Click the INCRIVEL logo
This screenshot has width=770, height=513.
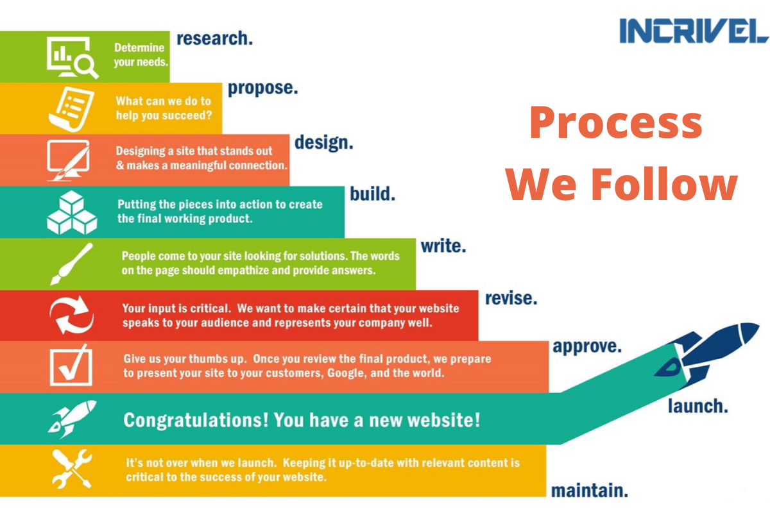pos(694,31)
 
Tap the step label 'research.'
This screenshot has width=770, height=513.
pos(214,38)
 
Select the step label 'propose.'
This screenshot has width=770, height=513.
pos(262,88)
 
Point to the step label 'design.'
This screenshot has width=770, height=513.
pos(324,142)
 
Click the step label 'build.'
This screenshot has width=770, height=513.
pos(373,194)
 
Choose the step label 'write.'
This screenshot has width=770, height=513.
pos(443,246)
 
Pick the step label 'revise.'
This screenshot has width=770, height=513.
pos(511,298)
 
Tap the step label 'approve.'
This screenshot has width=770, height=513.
pos(587,347)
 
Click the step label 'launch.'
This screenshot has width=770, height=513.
pos(698,406)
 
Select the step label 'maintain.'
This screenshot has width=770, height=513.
pos(590,491)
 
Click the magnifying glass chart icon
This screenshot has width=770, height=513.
pos(73,57)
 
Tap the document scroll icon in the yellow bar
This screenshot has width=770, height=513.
pos(71,109)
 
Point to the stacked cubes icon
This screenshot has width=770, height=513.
pos(72,213)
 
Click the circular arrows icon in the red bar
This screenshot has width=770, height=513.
pos(71,315)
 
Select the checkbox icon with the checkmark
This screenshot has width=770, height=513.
pos(71,366)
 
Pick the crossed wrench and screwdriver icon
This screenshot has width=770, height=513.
pos(72,469)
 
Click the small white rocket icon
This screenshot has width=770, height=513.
pos(72,419)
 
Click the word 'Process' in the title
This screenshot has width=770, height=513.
pos(616,124)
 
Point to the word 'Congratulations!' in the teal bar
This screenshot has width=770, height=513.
pos(196,420)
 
